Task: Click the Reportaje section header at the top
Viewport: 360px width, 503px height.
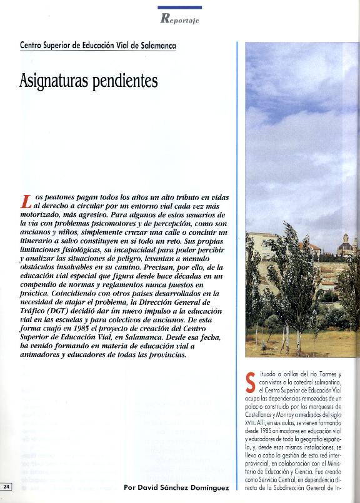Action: [179, 18]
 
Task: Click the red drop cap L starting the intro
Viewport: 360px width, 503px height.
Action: [26, 202]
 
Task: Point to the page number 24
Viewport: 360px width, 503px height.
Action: [6, 487]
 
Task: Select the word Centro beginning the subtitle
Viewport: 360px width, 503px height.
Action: [33, 46]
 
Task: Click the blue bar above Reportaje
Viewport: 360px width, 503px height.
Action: [179, 7]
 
